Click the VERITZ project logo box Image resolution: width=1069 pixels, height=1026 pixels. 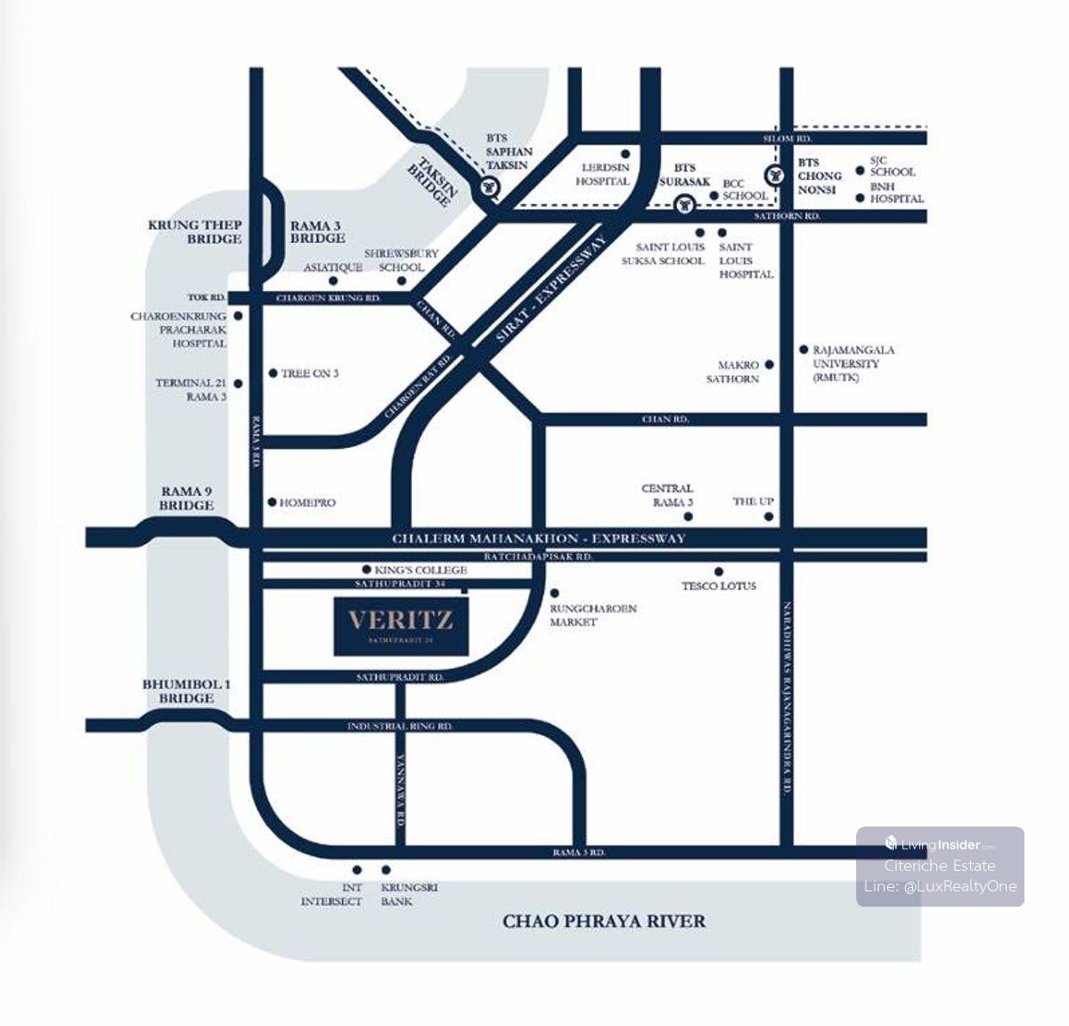402,626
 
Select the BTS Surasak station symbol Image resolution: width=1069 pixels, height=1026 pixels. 683,205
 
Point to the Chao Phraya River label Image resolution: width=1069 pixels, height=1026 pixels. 604,921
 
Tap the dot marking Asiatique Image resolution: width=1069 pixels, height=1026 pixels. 332,281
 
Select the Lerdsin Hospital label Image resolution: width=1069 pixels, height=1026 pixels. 605,174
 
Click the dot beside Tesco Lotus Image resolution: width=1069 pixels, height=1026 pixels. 718,572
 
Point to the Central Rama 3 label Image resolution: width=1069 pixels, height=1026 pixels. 667,495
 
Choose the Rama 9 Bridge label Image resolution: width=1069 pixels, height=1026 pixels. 187,498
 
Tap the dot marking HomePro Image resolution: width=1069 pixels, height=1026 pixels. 273,502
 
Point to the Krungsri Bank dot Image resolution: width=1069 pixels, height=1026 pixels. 386,870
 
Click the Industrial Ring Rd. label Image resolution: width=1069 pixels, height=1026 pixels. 401,727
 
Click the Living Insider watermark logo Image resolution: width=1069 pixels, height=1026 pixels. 940,844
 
